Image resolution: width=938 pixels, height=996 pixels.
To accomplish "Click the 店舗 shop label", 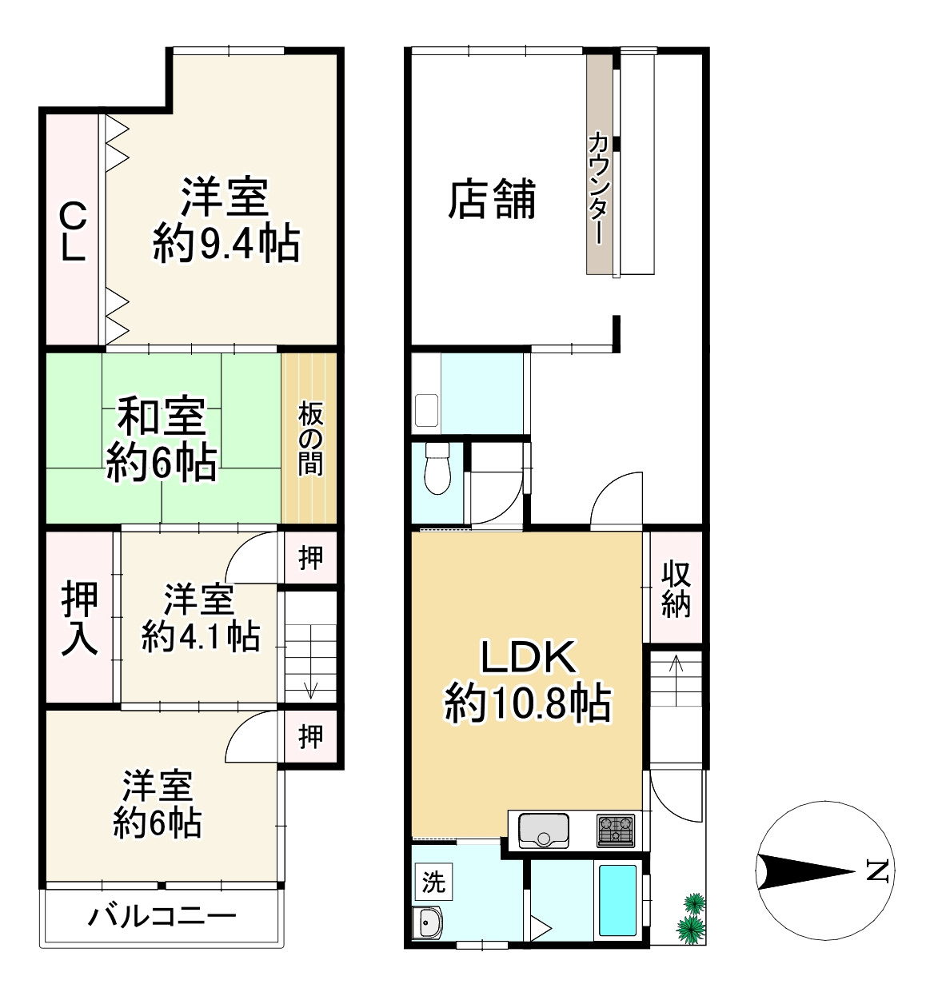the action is coord(492,200).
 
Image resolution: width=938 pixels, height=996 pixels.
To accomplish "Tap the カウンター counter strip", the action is coord(600,165).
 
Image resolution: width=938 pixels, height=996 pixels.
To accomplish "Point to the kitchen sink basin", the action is coord(543,829).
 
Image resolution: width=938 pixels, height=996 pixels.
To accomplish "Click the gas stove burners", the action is coord(615,830).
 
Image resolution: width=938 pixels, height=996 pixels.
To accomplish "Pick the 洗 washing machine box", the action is coord(433,881).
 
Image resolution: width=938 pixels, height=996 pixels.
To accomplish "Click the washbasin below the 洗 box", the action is coord(427,922).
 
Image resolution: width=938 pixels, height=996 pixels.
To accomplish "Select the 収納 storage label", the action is coord(676,589).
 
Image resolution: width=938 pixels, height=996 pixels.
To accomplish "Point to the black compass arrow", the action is coord(805,871).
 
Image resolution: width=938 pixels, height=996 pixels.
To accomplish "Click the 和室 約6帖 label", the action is coord(162,440).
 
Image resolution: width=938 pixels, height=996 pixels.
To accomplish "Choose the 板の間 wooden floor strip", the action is coord(309,438).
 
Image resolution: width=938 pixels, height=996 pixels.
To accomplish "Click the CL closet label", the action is coord(74,231).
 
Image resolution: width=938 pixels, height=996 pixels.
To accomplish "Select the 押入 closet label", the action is coord(79,619).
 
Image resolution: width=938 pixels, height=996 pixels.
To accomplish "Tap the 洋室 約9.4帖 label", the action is coord(226,220).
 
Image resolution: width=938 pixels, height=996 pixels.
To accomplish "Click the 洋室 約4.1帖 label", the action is coord(200,619).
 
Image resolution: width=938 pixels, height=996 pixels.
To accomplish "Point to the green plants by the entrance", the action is coord(691,918).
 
